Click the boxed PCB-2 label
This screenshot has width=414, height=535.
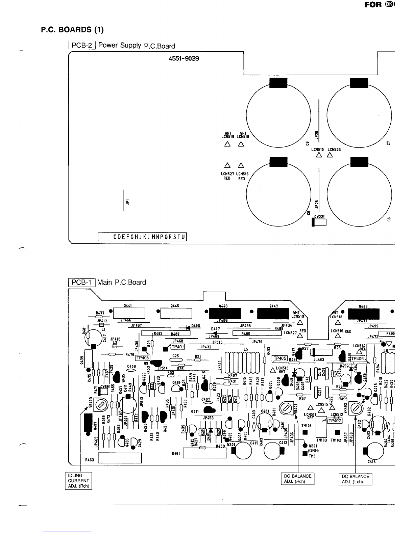click(82, 45)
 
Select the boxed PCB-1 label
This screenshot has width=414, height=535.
click(82, 282)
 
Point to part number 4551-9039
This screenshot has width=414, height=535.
click(184, 58)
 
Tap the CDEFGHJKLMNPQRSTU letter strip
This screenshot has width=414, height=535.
click(142, 237)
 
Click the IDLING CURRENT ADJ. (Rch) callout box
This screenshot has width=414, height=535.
click(78, 481)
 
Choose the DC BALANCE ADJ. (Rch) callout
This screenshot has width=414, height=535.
click(298, 479)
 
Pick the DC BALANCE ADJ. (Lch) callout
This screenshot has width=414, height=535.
click(355, 479)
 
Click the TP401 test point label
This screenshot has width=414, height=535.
click(177, 347)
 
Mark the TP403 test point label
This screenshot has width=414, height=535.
click(142, 358)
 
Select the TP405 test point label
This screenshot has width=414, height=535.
click(280, 358)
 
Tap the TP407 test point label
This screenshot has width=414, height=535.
click(335, 421)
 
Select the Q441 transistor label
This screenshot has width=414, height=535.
click(127, 306)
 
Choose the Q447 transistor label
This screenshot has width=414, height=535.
click(273, 306)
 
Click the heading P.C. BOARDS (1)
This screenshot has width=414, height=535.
click(72, 30)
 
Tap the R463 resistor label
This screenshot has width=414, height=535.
click(90, 459)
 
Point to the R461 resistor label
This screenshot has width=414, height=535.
click(176, 453)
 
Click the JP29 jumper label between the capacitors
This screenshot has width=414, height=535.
click(317, 134)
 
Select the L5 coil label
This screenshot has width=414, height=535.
click(246, 349)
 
